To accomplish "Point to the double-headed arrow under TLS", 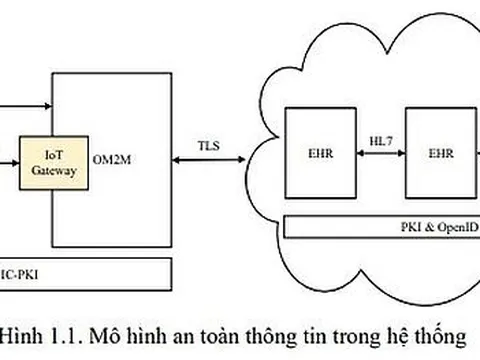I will (213, 160).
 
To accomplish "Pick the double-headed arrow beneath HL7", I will (378, 153).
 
